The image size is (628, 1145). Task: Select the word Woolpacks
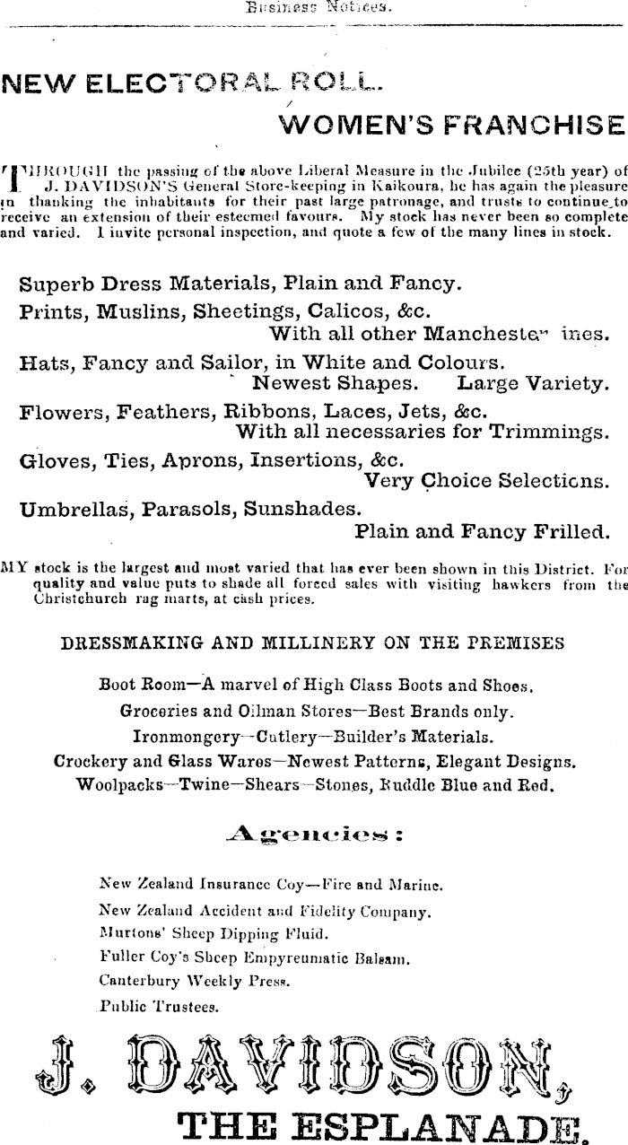click(118, 784)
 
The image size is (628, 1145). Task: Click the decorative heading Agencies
click(314, 835)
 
